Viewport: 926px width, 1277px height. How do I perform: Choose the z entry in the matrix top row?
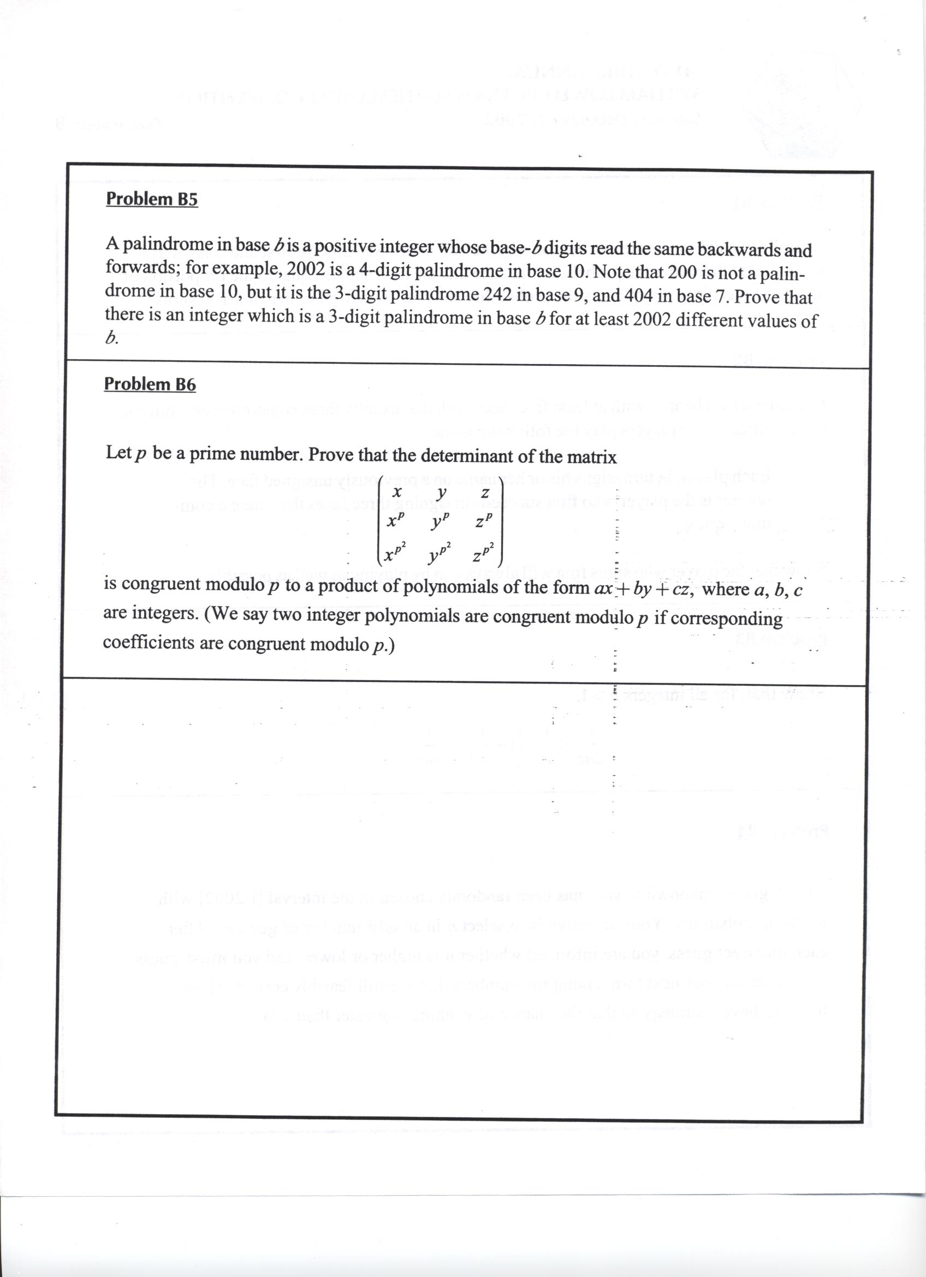coord(484,493)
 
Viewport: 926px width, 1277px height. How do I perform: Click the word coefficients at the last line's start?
coord(148,643)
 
